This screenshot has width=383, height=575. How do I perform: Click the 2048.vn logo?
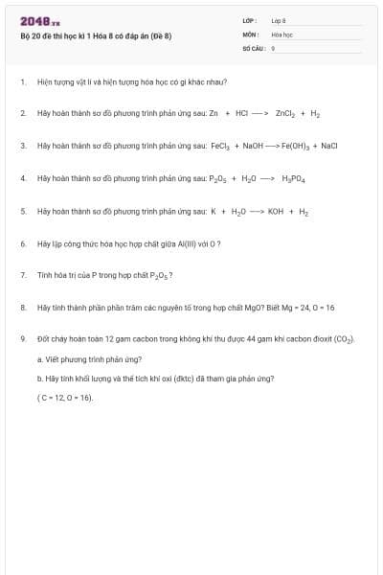pos(40,22)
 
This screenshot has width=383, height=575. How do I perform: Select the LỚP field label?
pos(250,19)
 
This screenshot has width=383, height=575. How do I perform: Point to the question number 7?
pos(22,275)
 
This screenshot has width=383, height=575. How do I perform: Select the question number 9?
pos(22,339)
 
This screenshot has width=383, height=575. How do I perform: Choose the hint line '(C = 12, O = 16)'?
pos(65,397)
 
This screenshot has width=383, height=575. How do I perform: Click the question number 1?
pos(22,82)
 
